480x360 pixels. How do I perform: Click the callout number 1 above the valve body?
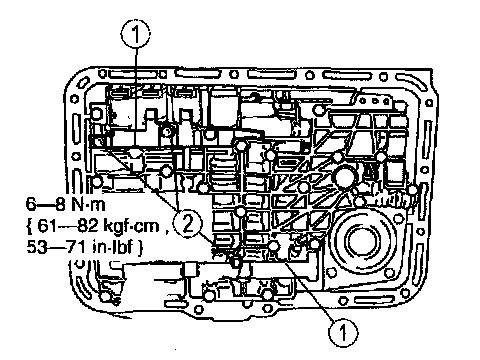[135, 33]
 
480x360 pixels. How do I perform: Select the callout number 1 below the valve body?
[343, 332]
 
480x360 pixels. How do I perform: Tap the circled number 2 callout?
[188, 223]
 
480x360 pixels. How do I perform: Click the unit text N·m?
[88, 204]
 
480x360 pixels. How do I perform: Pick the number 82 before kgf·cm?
[88, 226]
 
